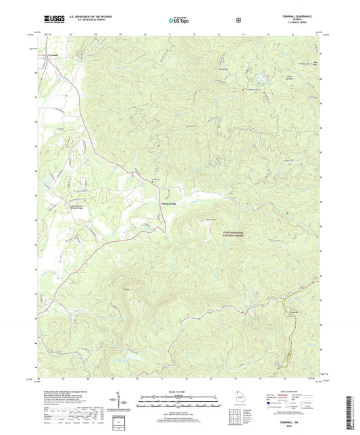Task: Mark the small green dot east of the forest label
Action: click(288, 213)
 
